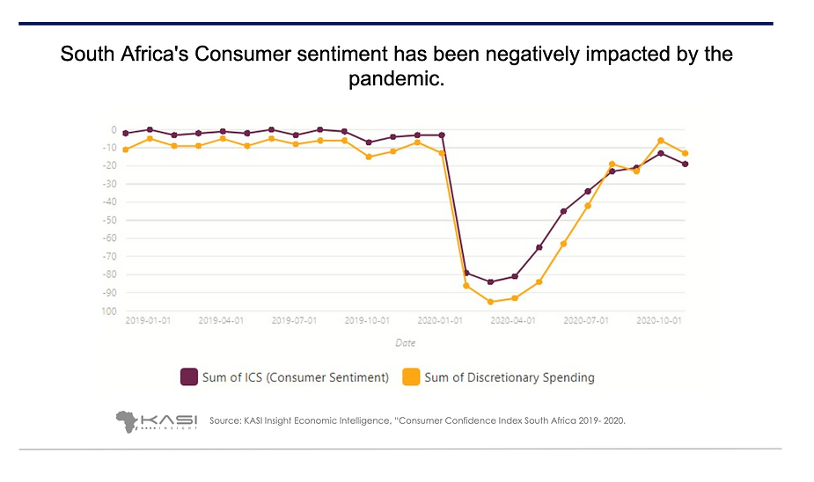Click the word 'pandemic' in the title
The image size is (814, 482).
395,80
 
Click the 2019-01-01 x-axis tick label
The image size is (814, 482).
148,322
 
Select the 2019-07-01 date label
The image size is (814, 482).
294,322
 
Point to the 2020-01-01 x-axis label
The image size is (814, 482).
439,322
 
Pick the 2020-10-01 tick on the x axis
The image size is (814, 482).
659,322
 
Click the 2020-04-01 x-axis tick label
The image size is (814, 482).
513,322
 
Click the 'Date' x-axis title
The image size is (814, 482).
405,343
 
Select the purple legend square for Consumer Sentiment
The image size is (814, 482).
188,377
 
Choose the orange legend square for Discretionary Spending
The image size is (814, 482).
410,377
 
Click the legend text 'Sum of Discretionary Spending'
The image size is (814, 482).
509,377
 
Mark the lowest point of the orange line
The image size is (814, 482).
490,302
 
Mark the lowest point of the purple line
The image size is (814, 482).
490,281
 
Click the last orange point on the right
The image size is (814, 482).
685,153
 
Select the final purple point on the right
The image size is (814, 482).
685,164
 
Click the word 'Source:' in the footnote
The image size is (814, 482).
225,421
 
